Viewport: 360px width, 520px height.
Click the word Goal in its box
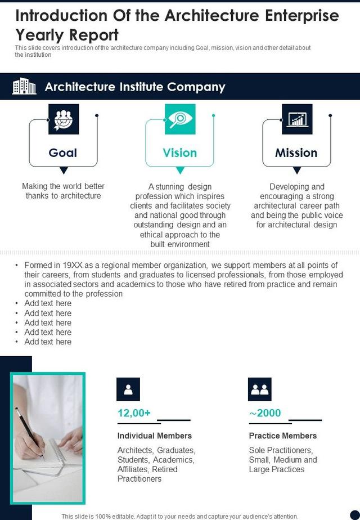pos(63,153)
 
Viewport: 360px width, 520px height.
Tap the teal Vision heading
pos(180,153)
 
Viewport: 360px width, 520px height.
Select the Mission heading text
pos(296,153)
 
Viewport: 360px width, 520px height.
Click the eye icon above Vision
pos(180,119)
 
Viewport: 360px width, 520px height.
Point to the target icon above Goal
pos(64,119)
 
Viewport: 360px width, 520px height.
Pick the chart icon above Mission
pos(297,119)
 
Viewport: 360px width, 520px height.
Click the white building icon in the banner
pos(24,86)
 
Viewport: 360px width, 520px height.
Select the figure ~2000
pos(265,413)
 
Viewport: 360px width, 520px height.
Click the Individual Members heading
pos(155,436)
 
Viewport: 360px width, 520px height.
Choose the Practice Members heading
pos(283,436)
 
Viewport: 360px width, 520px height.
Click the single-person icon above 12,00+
pos(128,389)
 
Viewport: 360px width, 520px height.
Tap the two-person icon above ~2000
pos(260,389)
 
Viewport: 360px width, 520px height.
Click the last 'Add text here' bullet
pos(48,342)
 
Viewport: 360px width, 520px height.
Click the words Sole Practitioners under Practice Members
pos(281,450)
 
